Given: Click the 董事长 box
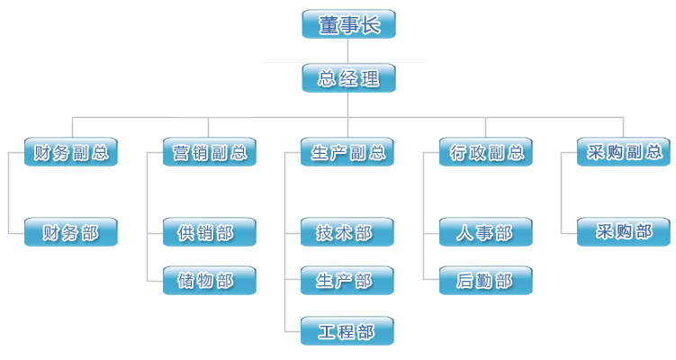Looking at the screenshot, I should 348,24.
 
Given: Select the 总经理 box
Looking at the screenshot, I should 348,78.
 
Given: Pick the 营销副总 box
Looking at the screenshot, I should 210,152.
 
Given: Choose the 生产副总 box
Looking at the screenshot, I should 348,152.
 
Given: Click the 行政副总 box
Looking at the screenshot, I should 486,152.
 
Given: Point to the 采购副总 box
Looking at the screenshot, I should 624,152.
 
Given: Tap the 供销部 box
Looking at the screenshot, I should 210,233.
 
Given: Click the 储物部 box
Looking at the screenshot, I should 210,281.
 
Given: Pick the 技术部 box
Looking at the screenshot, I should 348,233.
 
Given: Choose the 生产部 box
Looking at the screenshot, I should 348,281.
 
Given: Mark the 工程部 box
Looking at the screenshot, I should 348,331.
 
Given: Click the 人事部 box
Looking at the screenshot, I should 486,233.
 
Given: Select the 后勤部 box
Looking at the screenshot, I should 486,281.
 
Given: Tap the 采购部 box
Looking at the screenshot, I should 624,232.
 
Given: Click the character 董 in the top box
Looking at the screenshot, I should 328,24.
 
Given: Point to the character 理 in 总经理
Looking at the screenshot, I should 369,78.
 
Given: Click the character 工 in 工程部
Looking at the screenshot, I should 327,331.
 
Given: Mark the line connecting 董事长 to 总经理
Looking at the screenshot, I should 348,51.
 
